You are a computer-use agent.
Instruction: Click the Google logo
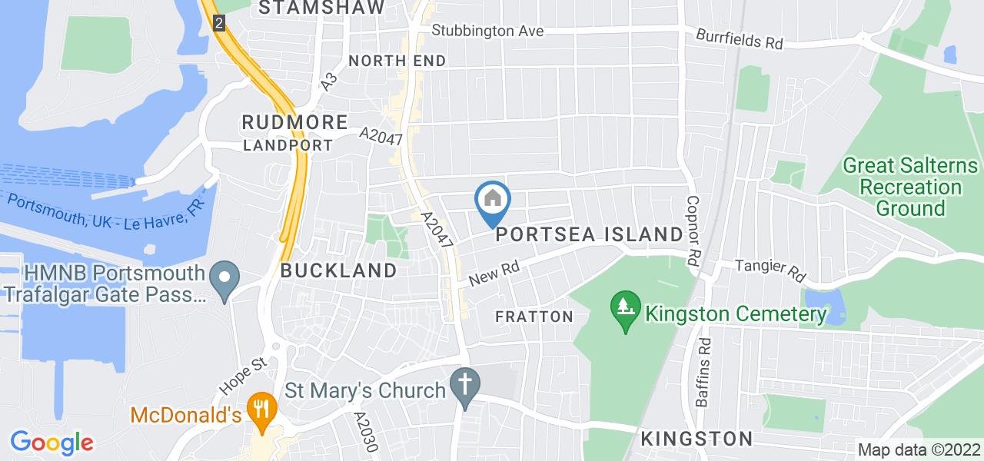click(52, 443)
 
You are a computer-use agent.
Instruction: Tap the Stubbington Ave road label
click(487, 32)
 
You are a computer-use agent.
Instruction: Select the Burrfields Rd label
click(740, 39)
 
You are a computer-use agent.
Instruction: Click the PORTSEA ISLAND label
click(590, 234)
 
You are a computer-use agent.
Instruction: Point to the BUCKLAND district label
click(339, 270)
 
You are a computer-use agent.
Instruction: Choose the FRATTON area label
click(534, 317)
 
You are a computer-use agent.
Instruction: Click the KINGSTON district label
click(696, 439)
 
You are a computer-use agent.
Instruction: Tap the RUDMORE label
click(294, 121)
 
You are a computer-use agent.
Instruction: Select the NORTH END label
click(397, 61)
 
